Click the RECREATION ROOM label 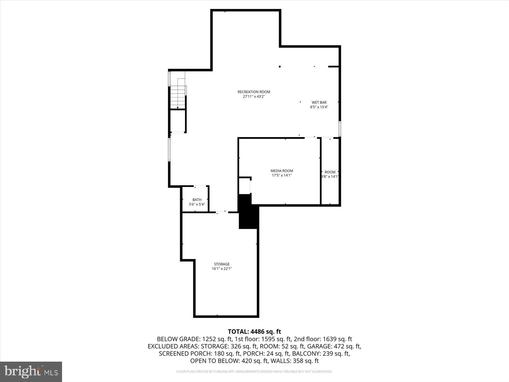coord(254,92)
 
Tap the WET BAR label coord(319,102)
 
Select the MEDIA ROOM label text coord(282,171)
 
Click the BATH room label coord(197,200)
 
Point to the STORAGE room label coord(221,264)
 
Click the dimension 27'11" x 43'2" coord(254,96)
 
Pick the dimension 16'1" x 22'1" coord(221,269)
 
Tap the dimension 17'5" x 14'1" coord(282,175)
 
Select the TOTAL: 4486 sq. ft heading coord(254,332)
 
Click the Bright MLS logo coord(31,371)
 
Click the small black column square coord(280,67)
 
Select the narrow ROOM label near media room coord(330,172)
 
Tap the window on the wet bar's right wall coord(340,129)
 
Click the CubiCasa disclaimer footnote coord(254,371)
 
